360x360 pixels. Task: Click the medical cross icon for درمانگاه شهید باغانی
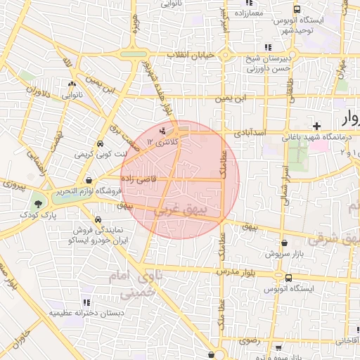point(317,126)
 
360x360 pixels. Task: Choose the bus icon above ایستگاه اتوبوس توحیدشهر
point(297,11)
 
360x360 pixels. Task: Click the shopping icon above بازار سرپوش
point(283,240)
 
